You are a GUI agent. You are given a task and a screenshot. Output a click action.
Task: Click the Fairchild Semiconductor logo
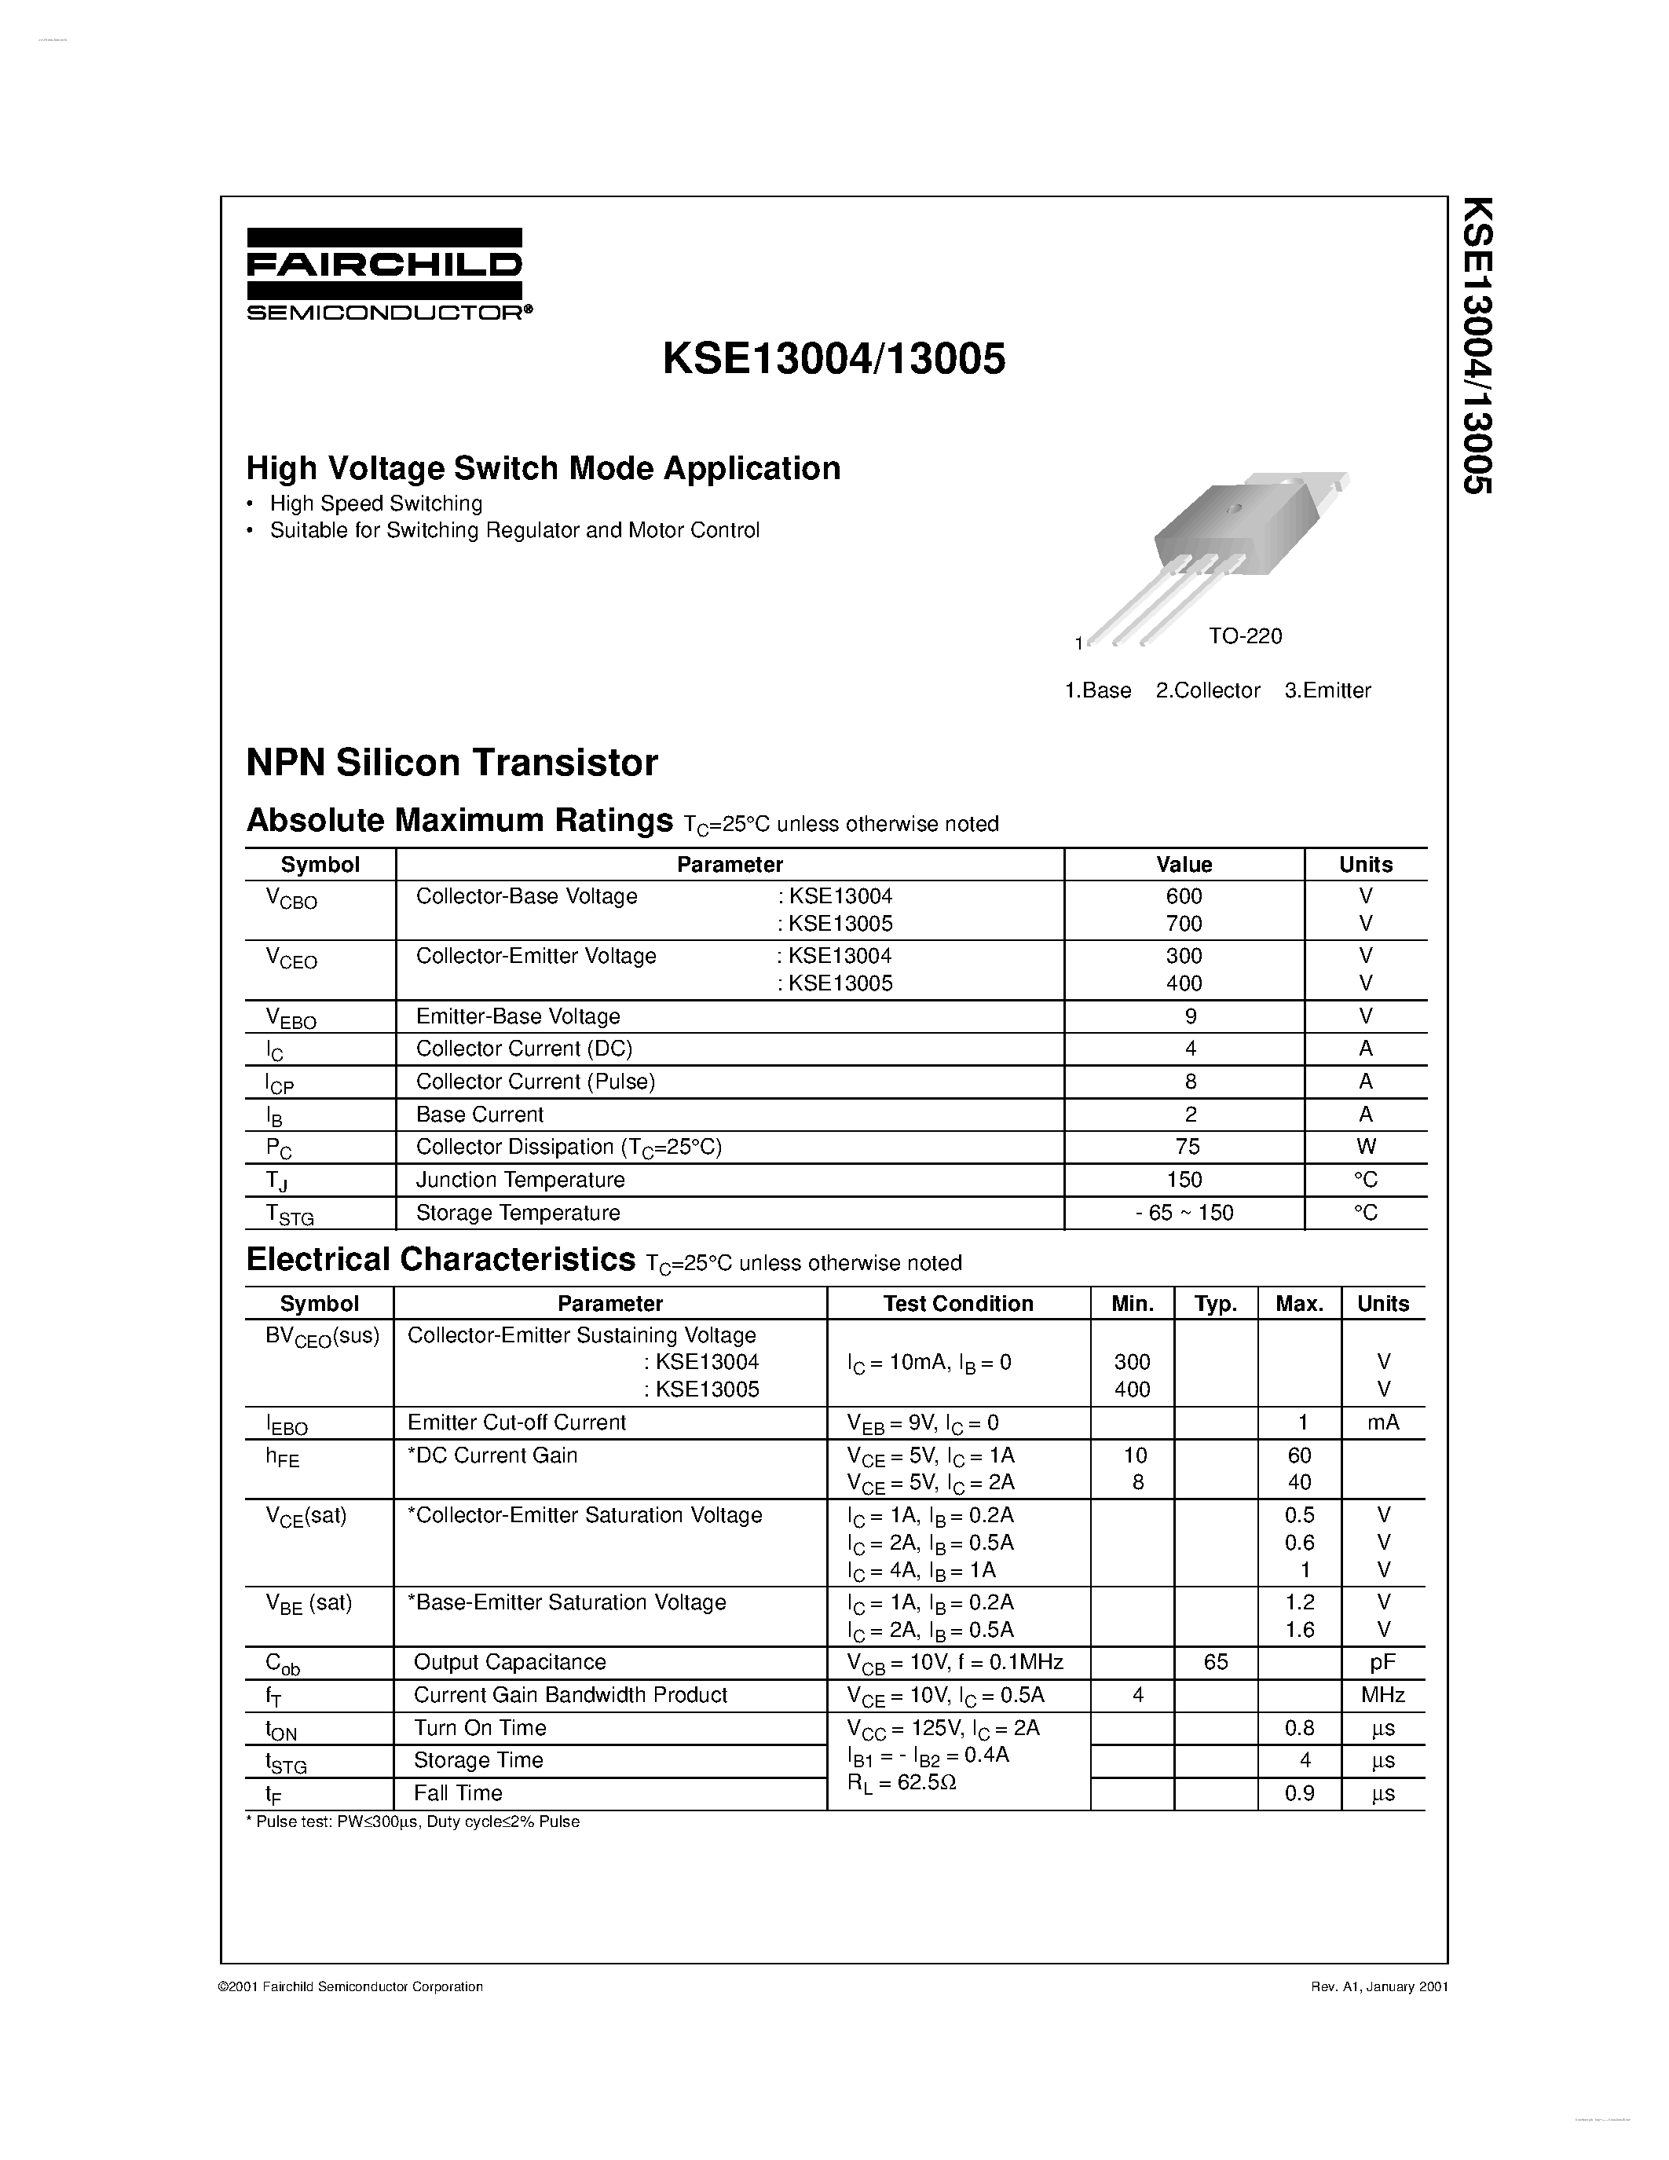[385, 274]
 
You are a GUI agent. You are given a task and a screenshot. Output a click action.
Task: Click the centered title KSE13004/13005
[833, 359]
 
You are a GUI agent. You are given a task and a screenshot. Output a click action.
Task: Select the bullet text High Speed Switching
[375, 503]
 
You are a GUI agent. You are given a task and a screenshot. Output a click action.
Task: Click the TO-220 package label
[1244, 636]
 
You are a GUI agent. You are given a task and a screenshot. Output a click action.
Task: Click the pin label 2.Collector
[1207, 690]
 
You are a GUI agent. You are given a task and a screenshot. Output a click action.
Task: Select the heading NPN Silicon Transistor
[452, 763]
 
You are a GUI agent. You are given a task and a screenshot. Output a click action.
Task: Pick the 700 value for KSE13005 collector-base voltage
[1184, 924]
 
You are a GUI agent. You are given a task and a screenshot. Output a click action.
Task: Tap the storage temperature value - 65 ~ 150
[1184, 1213]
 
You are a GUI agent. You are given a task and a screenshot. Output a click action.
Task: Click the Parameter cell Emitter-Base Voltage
[518, 1016]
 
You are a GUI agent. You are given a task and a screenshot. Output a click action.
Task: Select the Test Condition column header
[958, 1304]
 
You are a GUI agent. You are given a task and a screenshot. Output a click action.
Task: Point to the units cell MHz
[1382, 1695]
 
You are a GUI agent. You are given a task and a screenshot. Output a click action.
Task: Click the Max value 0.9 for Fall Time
[1298, 1793]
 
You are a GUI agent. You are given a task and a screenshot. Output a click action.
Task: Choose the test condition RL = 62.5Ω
[901, 1783]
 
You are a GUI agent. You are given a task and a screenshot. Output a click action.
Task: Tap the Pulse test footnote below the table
[412, 1821]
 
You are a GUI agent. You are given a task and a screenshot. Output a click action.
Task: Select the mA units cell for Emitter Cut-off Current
[1382, 1422]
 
